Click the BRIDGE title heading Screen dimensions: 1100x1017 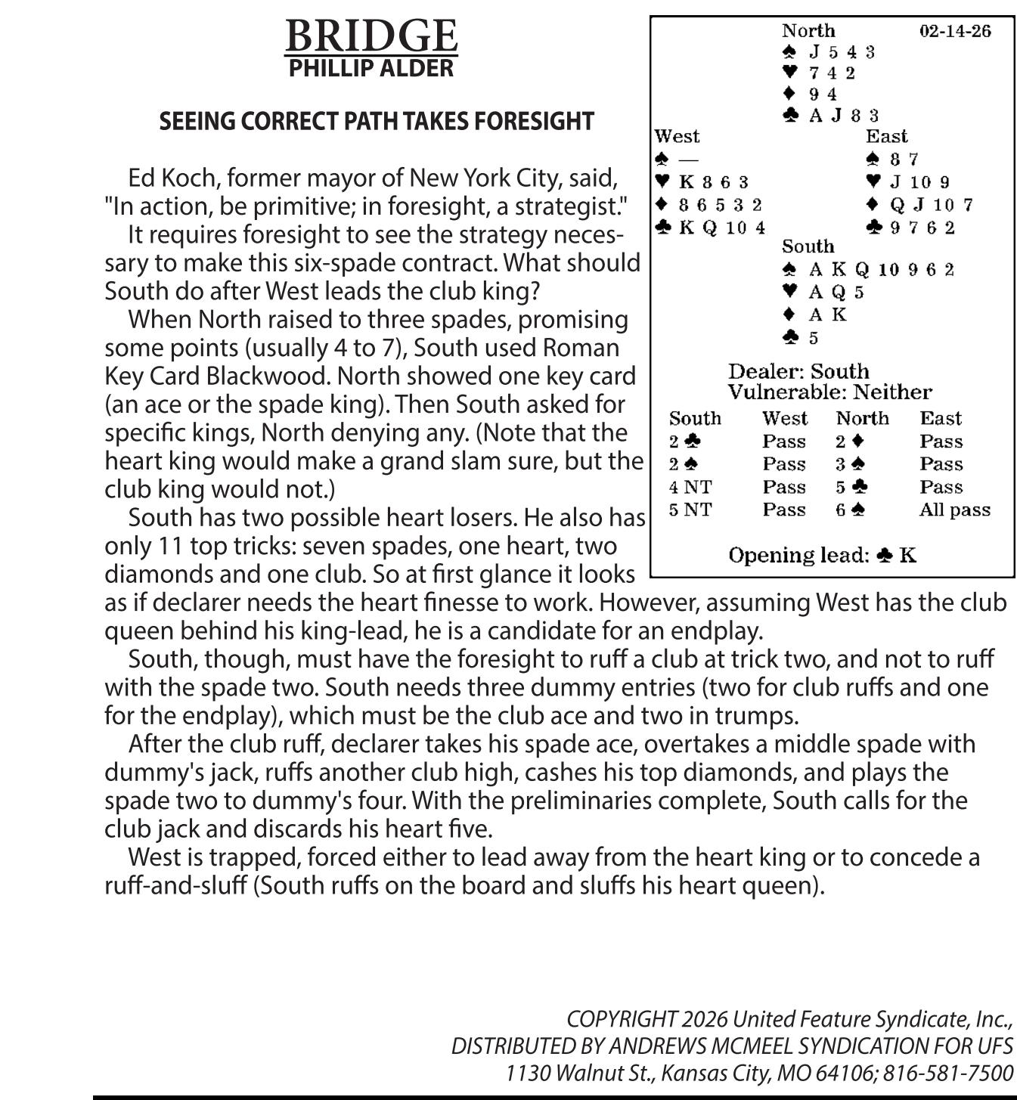(371, 36)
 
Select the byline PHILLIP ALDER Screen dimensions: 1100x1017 (371, 68)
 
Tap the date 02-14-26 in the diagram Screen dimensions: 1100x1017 (955, 31)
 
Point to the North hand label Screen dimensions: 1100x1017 (808, 31)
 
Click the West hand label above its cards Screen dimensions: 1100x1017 (677, 136)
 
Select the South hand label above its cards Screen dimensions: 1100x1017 (808, 246)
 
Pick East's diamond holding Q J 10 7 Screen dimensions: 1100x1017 (931, 205)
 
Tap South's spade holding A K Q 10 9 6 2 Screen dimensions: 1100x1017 (881, 270)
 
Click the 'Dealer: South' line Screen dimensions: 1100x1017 (798, 371)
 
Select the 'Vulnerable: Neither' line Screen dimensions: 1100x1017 (829, 392)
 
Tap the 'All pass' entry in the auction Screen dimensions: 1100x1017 (954, 510)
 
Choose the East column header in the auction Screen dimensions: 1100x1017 (941, 419)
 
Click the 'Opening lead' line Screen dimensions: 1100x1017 (822, 556)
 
